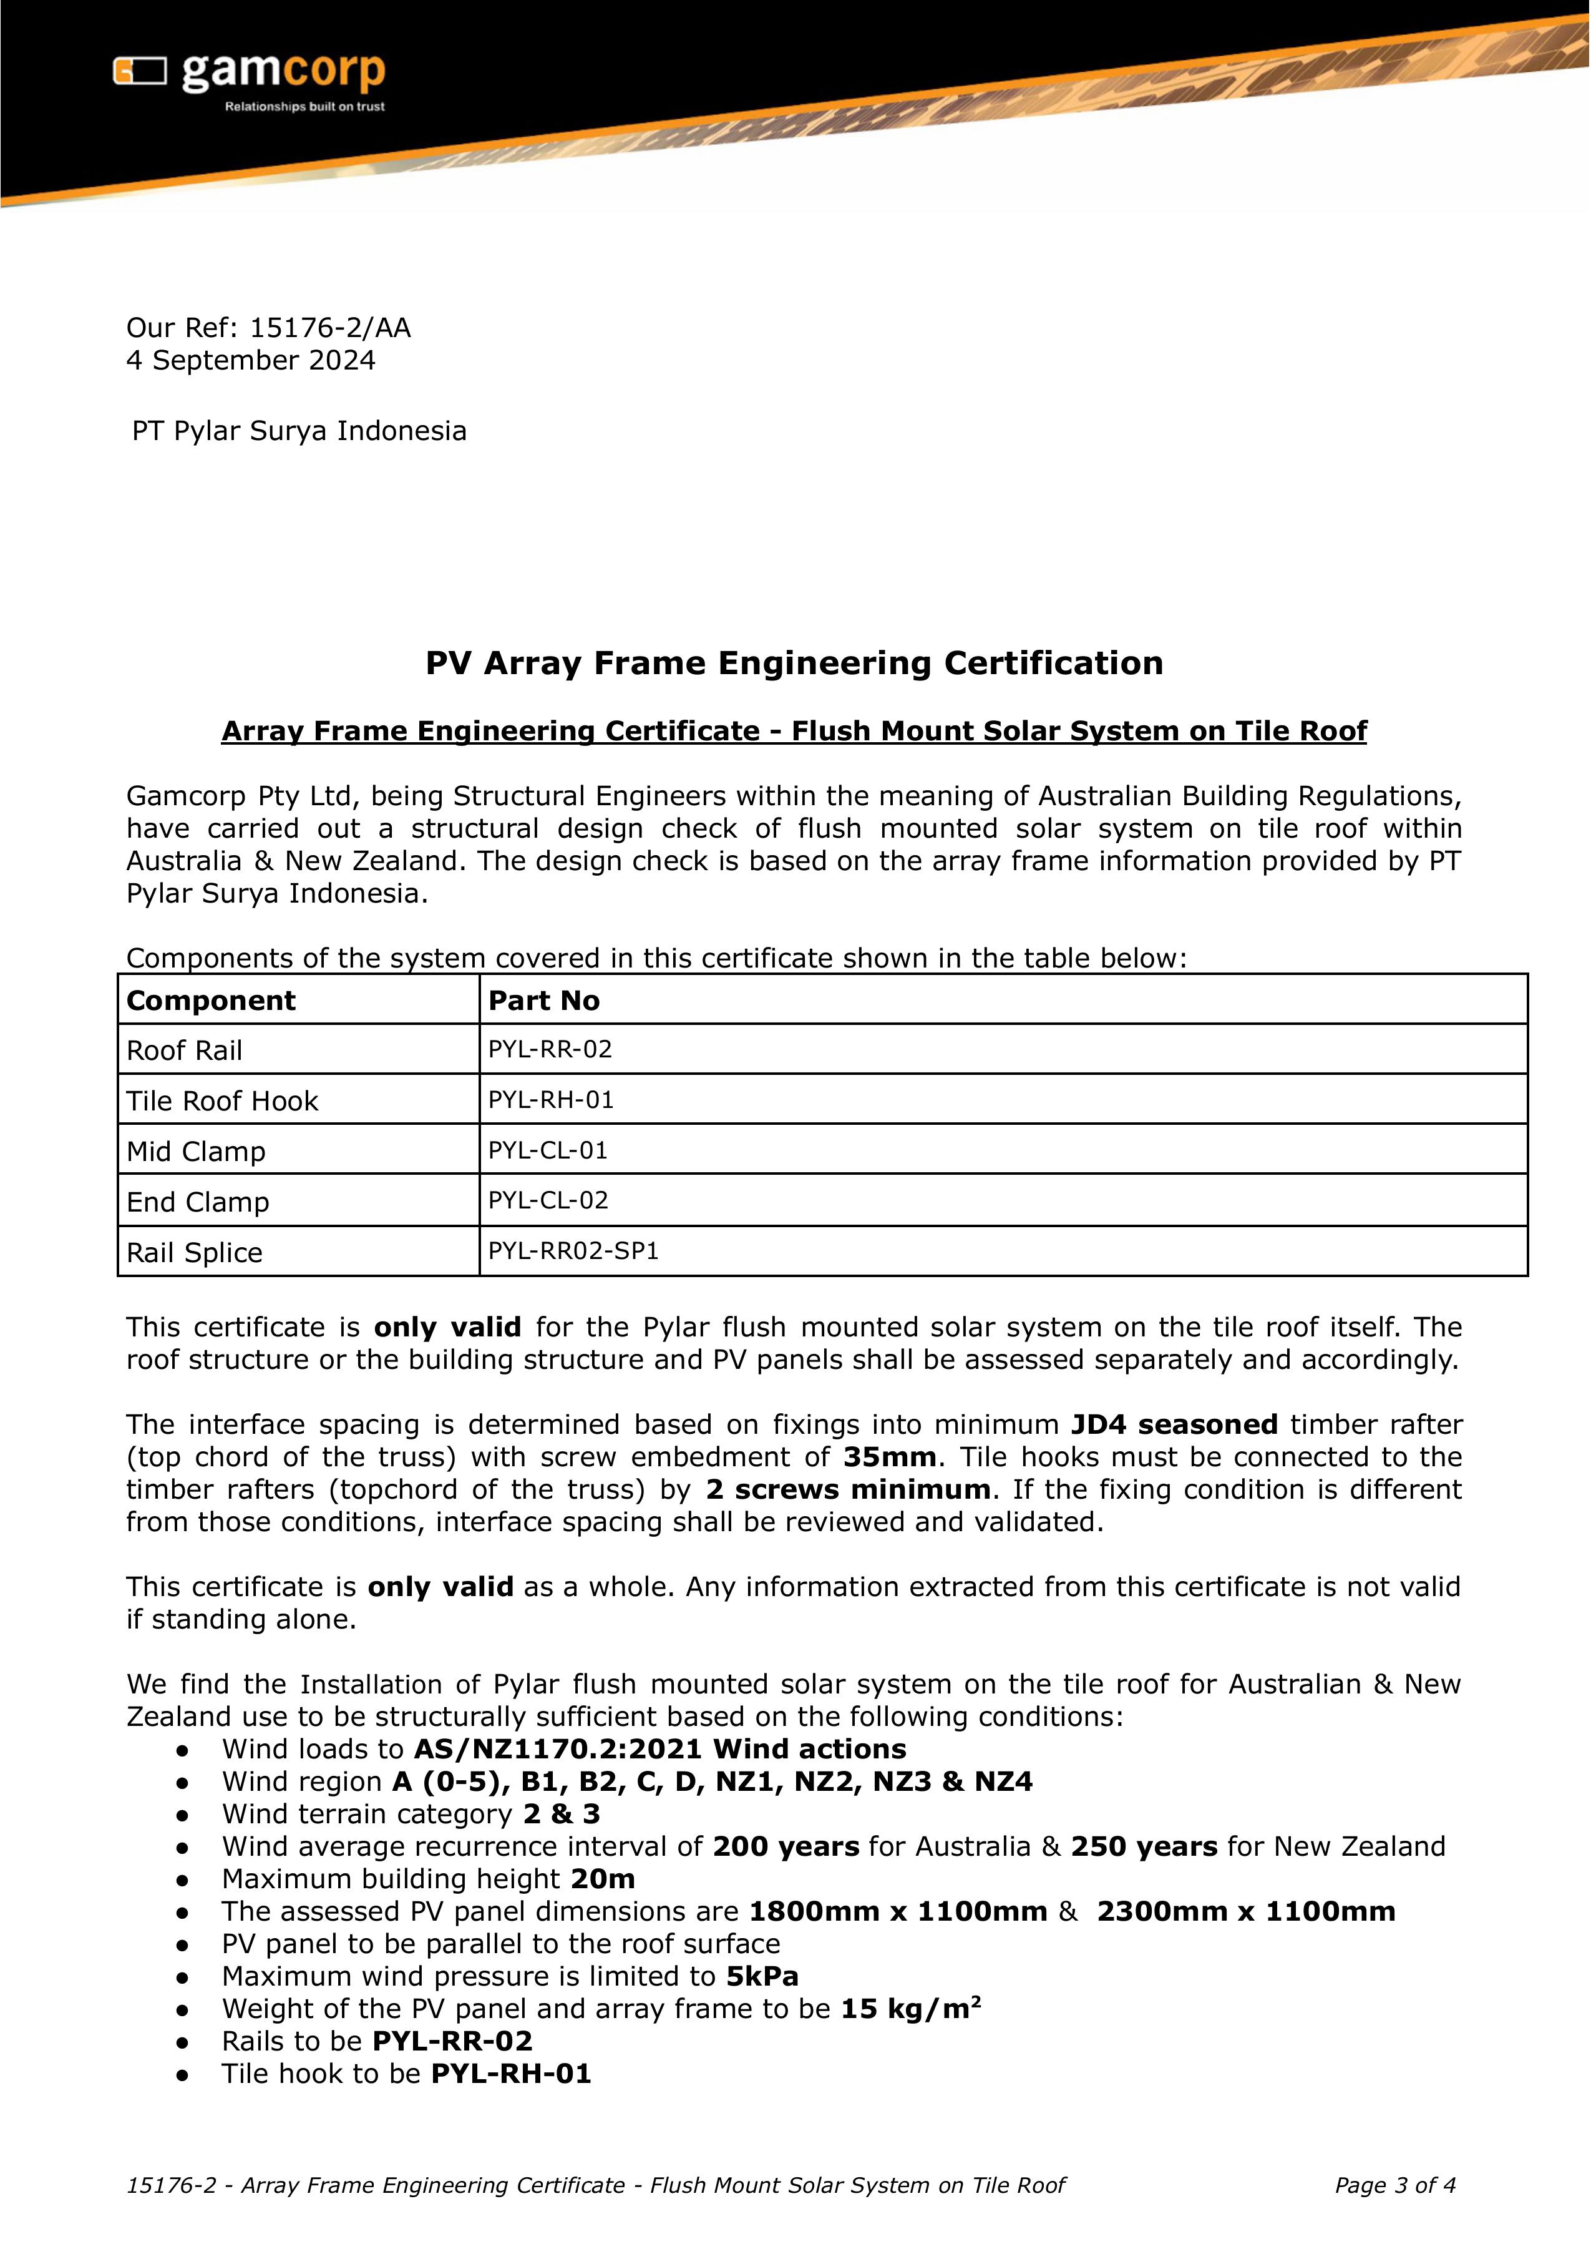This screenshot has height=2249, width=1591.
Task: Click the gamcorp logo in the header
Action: (x=249, y=74)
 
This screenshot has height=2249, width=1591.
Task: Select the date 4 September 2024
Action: (x=251, y=361)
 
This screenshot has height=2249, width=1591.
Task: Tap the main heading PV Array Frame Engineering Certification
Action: (x=794, y=664)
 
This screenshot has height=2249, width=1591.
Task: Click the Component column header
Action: (x=211, y=1001)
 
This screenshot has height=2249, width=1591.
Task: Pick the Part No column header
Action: (x=543, y=1001)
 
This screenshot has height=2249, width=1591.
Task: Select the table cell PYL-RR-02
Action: (x=550, y=1049)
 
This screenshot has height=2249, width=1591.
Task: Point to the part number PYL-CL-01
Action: (x=548, y=1150)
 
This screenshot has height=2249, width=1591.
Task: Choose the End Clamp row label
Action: (x=198, y=1202)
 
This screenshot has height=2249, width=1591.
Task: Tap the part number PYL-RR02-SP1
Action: (x=573, y=1252)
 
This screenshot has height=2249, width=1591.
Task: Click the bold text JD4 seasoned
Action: (x=1174, y=1425)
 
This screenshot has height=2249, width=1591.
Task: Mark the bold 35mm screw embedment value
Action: (x=888, y=1457)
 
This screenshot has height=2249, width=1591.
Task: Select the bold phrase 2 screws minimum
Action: (x=847, y=1489)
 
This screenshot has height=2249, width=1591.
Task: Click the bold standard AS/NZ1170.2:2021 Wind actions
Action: (x=659, y=1749)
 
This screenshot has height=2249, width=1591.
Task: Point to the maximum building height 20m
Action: (x=603, y=1879)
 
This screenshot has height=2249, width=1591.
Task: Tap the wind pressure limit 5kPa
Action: (x=761, y=1976)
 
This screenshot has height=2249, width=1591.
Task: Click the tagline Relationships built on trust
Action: (x=304, y=106)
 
